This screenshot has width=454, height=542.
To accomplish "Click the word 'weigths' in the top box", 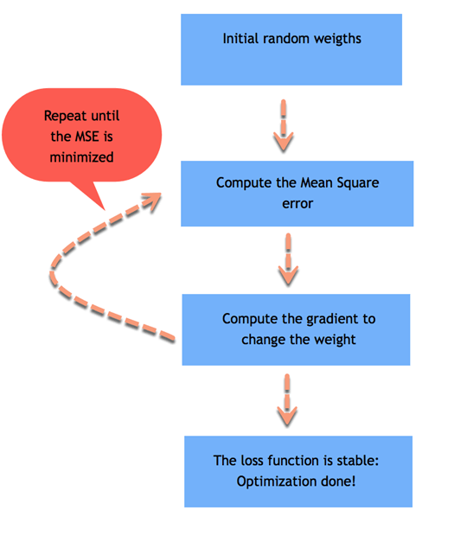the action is [x=337, y=39].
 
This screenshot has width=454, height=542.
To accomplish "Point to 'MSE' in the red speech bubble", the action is [x=86, y=137].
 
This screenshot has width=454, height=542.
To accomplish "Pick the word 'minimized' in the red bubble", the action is [x=81, y=157].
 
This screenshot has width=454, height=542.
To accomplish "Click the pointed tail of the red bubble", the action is [x=104, y=209].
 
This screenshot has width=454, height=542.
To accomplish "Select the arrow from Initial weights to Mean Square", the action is [x=284, y=126].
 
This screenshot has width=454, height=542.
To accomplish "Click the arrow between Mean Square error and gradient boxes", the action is [x=288, y=259].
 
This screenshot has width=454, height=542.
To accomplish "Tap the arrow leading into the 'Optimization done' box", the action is [x=287, y=400].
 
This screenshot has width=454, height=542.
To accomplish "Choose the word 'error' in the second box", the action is [x=297, y=204].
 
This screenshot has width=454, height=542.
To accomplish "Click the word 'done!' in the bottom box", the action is [x=338, y=481].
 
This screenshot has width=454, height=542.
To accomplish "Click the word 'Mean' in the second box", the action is [x=317, y=182].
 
